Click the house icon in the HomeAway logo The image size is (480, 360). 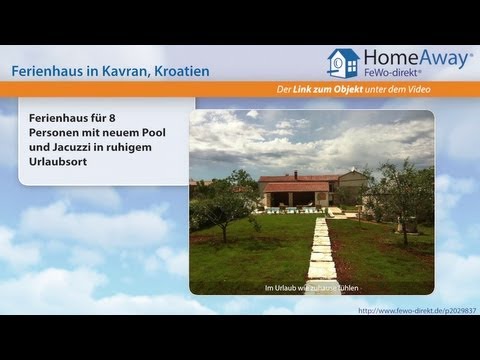[343, 63]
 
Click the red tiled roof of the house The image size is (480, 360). [295, 186]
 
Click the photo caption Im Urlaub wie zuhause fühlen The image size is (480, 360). [311, 289]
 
